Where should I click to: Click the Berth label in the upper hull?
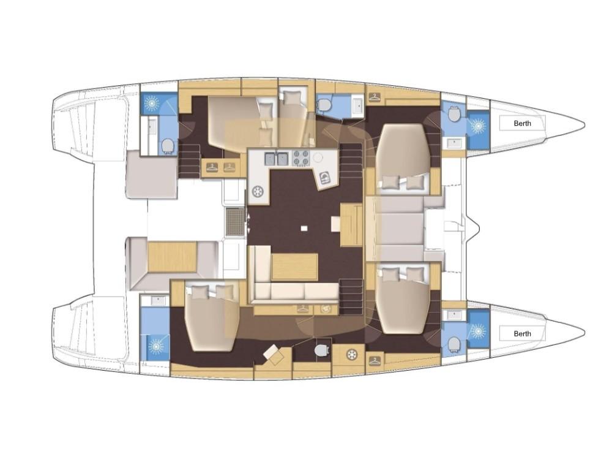pos(523,123)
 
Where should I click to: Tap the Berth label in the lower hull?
pos(523,333)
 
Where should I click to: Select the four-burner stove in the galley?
pos(301,158)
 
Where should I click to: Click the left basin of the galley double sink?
pos(271,159)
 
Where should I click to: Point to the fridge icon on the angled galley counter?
pos(325,177)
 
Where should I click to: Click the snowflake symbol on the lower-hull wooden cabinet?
pos(351,354)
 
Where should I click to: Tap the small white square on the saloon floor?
pos(304,228)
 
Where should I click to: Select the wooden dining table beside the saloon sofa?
pos(294,267)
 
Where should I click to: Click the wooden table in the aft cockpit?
pos(173,257)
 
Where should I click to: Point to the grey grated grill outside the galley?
pos(234,221)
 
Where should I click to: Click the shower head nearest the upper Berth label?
pos(478,125)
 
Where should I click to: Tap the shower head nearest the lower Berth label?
pos(478,330)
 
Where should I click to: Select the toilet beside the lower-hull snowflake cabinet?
pos(321,350)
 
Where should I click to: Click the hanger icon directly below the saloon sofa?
pos(303,309)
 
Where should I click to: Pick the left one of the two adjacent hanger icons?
pos(212,167)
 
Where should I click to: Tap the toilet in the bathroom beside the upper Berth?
pos(454,112)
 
